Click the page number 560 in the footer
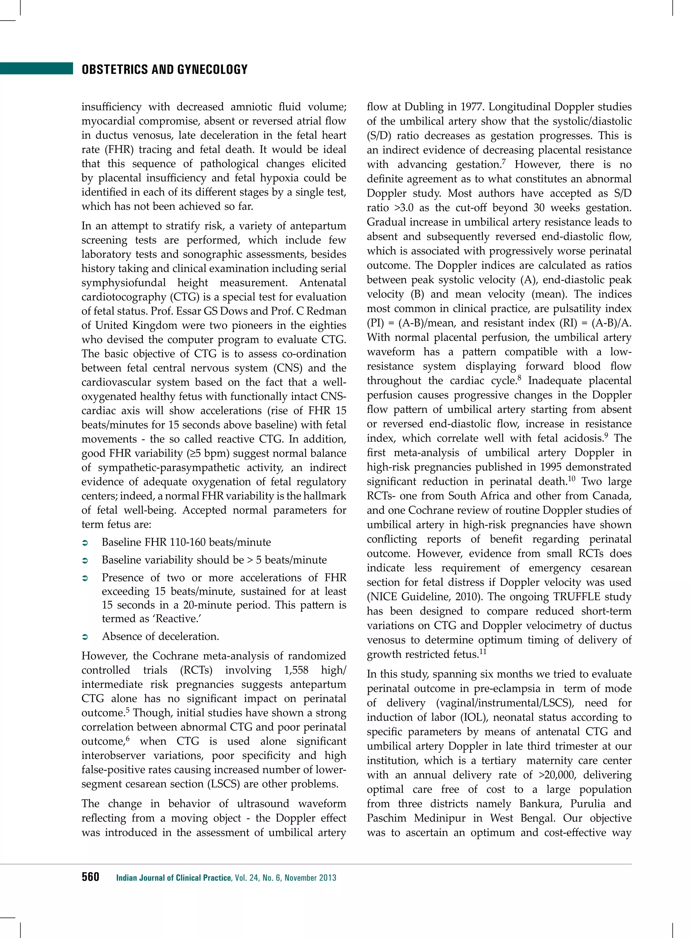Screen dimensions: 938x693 90,877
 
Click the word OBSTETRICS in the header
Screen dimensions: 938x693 115,69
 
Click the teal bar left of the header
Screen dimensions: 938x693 37,68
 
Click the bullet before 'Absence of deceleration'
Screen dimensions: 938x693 84,637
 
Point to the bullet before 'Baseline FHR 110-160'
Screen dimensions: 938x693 84,543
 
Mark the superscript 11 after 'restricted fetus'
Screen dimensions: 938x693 483,651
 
